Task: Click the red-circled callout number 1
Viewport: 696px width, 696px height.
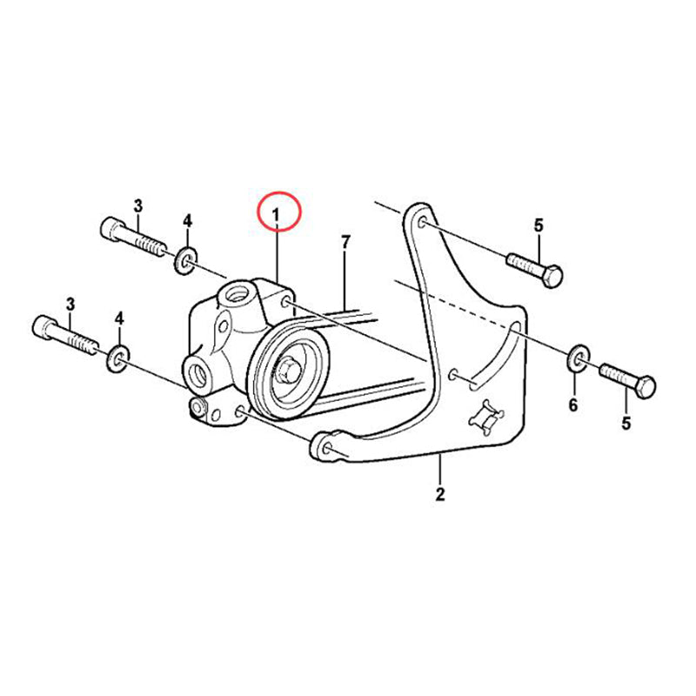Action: [x=276, y=215]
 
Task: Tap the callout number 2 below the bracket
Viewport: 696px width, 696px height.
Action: [x=440, y=494]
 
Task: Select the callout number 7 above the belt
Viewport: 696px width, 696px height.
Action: [x=345, y=243]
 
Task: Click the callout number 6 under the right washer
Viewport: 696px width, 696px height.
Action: [x=573, y=405]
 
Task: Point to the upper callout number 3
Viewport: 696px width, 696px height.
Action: [x=138, y=206]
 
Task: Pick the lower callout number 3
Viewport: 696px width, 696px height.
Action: [x=70, y=304]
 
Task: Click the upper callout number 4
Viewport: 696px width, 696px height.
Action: [x=188, y=221]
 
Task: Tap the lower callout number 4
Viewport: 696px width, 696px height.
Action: [x=119, y=318]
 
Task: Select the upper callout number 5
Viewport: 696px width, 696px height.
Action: [x=539, y=225]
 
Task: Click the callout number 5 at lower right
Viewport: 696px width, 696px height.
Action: [x=626, y=424]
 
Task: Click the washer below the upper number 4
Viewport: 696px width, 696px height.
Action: [x=185, y=262]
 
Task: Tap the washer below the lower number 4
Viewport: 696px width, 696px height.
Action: [x=117, y=358]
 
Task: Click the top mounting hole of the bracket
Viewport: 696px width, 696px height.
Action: [x=422, y=221]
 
